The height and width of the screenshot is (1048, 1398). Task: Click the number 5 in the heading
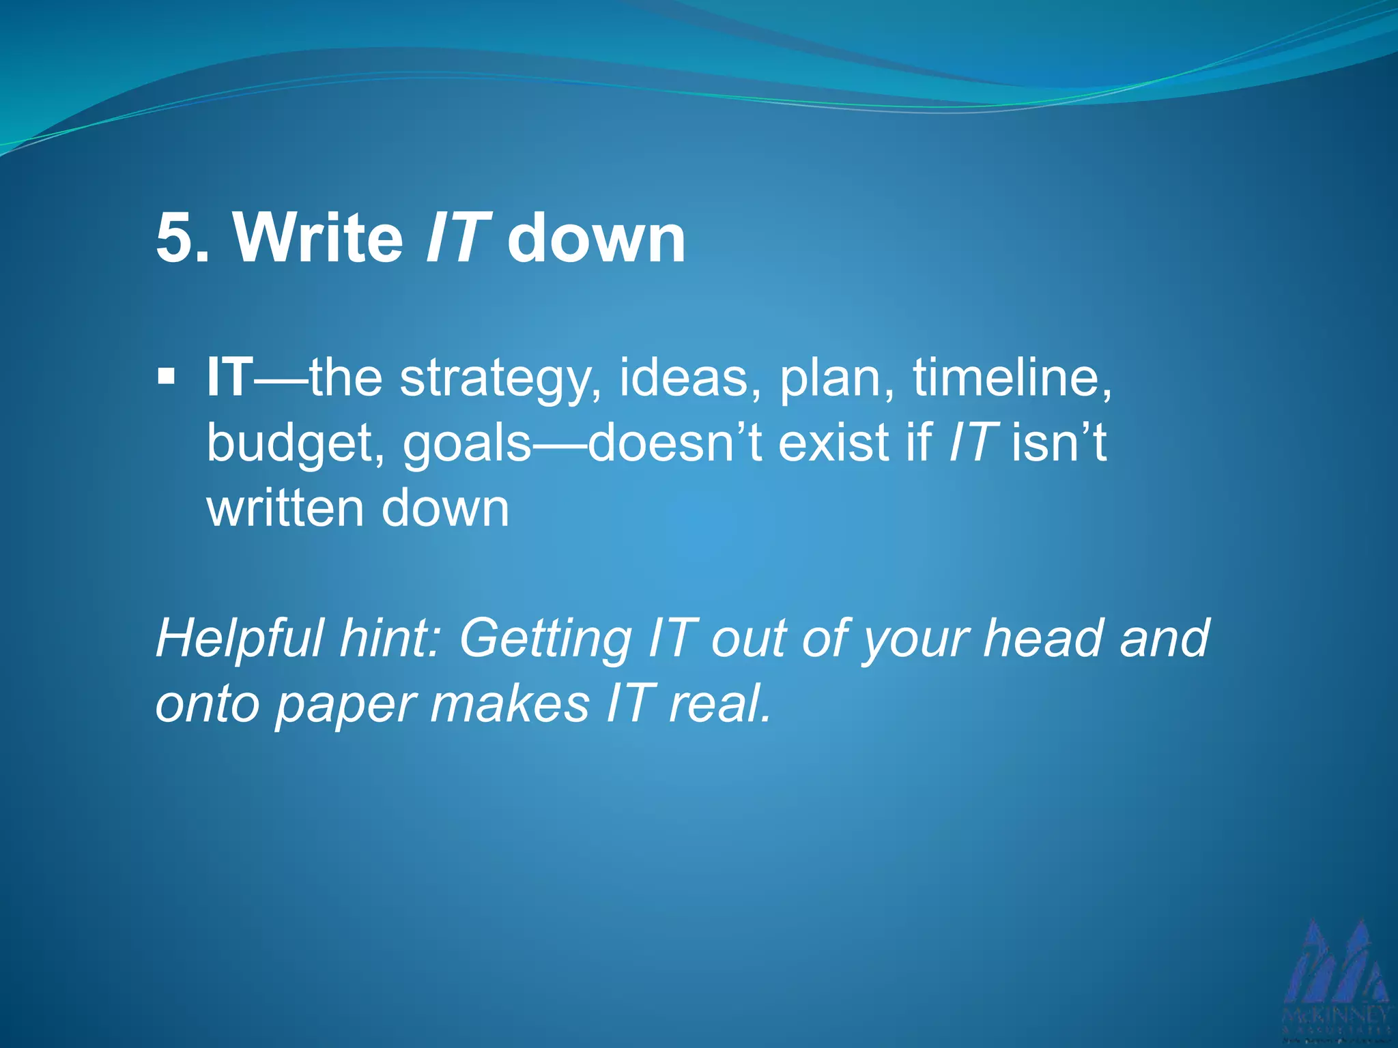pos(176,239)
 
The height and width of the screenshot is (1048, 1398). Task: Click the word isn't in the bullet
pos(1058,443)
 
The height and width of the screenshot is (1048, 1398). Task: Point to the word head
pos(1042,638)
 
